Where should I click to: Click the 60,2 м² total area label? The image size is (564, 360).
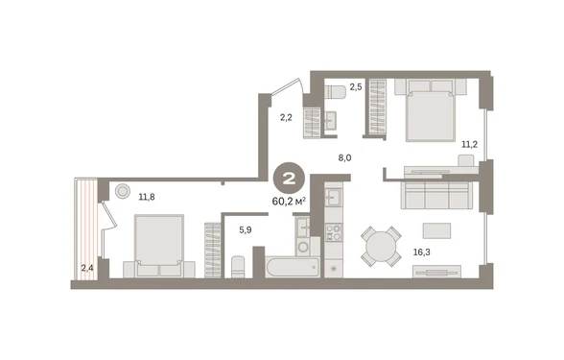click(290, 202)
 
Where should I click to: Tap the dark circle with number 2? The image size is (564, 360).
click(290, 179)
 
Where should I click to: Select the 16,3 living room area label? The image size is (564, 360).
click(422, 252)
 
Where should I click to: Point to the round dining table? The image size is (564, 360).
click(382, 247)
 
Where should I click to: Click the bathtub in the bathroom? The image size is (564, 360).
click(292, 267)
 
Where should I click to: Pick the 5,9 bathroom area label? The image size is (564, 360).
click(246, 229)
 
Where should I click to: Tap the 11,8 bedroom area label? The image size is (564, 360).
click(147, 197)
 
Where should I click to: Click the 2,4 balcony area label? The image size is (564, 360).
click(87, 268)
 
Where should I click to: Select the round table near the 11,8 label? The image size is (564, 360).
click(123, 192)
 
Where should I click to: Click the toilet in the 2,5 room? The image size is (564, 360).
click(336, 91)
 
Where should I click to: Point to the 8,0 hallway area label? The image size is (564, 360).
click(344, 158)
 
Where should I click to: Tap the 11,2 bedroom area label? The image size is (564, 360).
click(469, 145)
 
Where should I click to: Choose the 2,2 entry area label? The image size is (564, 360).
click(286, 117)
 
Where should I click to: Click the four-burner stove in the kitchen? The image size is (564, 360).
click(334, 232)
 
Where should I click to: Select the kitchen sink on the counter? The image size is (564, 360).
click(334, 198)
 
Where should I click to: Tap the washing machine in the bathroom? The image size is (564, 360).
click(304, 247)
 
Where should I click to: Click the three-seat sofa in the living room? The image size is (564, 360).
click(436, 196)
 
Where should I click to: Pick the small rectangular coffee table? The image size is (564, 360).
click(436, 230)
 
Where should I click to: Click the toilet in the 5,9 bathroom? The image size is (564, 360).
click(238, 267)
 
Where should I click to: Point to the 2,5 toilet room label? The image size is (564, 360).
click(356, 87)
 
